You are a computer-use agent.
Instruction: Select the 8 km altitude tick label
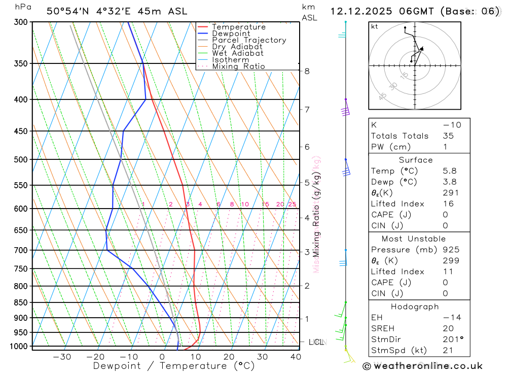pyautogui.click(x=307, y=71)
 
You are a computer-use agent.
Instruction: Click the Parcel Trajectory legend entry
pyautogui.click(x=249, y=40)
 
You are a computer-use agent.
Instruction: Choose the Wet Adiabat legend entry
pyautogui.click(x=238, y=53)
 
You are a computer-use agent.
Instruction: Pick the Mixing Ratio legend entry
pyautogui.click(x=238, y=66)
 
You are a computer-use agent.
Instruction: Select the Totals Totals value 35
pyautogui.click(x=448, y=136)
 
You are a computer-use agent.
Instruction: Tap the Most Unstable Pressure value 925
pyautogui.click(x=451, y=250)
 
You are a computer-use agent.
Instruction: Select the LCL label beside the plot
pyautogui.click(x=316, y=342)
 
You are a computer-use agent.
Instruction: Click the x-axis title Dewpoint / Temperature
pyautogui.click(x=174, y=366)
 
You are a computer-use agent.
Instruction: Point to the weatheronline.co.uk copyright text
pyautogui.click(x=422, y=366)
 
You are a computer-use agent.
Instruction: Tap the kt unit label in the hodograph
pyautogui.click(x=374, y=26)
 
